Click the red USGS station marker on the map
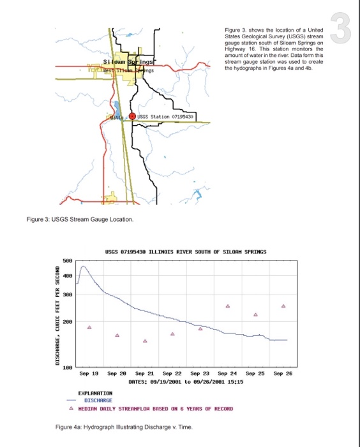(x=133, y=116)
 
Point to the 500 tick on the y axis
(x=68, y=260)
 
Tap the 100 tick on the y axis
(x=68, y=367)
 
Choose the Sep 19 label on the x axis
(x=89, y=372)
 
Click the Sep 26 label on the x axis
(x=283, y=372)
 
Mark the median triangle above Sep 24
(x=228, y=307)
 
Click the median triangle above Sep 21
(x=145, y=341)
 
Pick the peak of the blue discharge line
(x=84, y=267)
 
